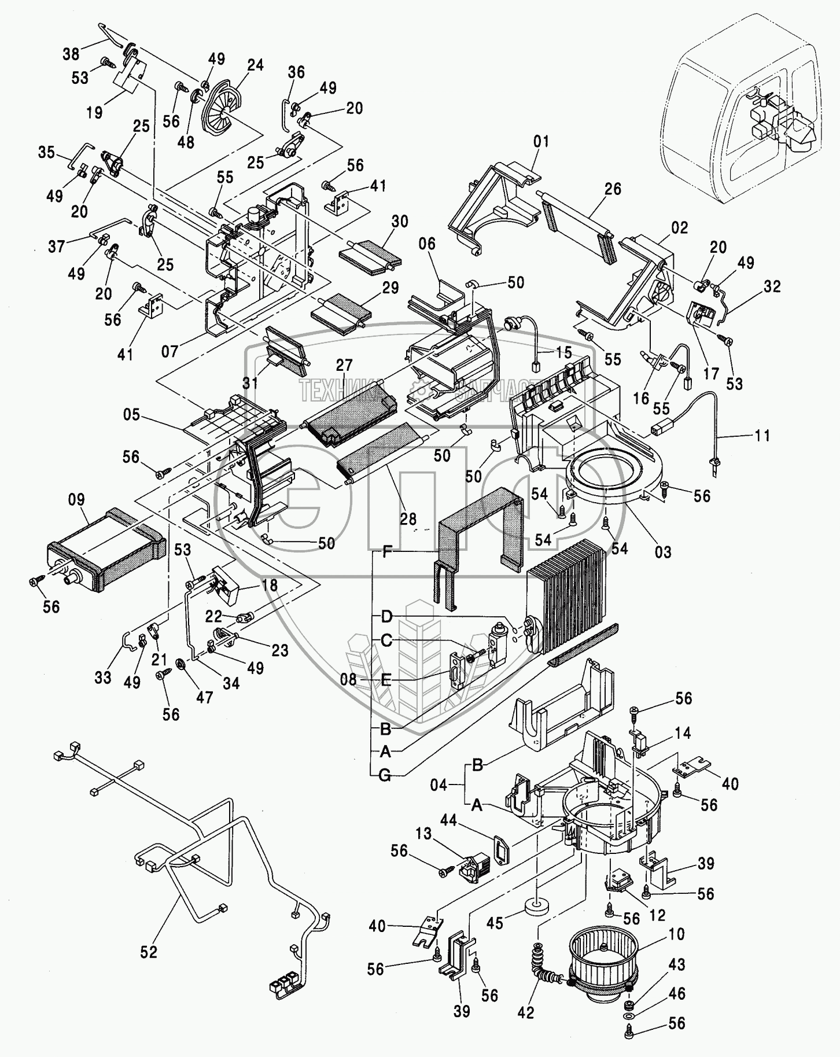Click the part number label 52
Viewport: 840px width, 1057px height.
tap(149, 952)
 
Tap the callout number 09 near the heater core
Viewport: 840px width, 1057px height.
tap(76, 500)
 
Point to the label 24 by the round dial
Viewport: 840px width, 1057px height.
tap(255, 65)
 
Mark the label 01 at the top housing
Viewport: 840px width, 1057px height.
tap(541, 142)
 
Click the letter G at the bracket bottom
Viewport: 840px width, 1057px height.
tap(385, 776)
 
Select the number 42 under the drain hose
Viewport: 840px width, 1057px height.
tap(526, 1012)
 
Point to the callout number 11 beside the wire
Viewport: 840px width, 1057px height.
tap(762, 435)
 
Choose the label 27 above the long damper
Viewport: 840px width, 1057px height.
tap(344, 365)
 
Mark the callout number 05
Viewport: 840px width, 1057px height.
tap(132, 415)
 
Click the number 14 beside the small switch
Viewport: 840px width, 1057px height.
tap(683, 733)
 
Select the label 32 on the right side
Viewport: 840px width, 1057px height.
tap(772, 286)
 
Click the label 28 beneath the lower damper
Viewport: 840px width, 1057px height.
tap(408, 518)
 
